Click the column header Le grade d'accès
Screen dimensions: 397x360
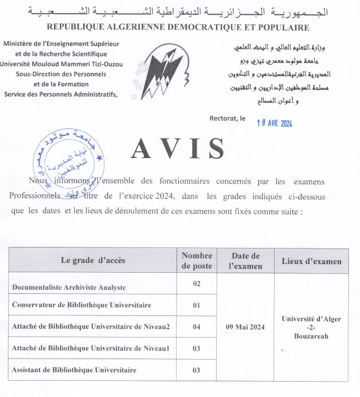[x=93, y=261]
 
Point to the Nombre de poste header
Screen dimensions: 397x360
[x=197, y=261]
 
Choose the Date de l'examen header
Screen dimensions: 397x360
[x=246, y=261]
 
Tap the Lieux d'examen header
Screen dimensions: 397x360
[x=312, y=261]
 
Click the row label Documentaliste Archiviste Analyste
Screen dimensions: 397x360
[x=69, y=287]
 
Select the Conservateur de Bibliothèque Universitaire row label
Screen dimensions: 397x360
[x=82, y=305]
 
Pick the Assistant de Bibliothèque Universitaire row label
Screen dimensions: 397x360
[x=74, y=370]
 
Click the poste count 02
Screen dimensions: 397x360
[x=197, y=284]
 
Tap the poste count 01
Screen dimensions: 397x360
[x=197, y=305]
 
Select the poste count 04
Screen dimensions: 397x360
[x=197, y=327]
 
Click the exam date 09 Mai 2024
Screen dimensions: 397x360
[x=246, y=327]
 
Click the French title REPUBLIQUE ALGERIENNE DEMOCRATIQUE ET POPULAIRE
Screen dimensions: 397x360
[x=178, y=27]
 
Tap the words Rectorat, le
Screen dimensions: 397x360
[x=227, y=118]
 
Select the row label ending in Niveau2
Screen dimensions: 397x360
[x=91, y=327]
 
